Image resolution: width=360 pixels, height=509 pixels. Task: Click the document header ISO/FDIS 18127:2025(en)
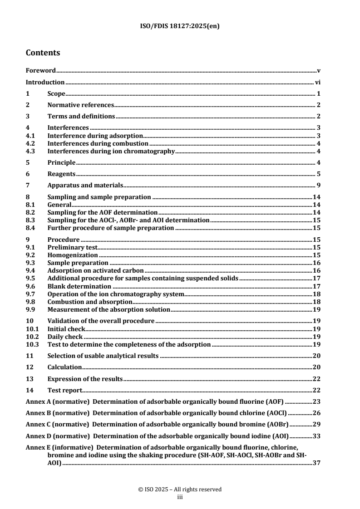180,26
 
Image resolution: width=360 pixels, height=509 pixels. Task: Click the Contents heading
43,53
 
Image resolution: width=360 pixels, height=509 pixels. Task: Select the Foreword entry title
40,71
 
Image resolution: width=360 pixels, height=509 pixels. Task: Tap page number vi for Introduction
318,83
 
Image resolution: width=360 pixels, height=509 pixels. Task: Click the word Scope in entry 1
57,94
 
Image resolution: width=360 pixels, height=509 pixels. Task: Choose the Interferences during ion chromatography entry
111,151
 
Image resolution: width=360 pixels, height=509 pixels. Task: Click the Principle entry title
61,162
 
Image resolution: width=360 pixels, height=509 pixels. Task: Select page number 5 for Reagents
319,174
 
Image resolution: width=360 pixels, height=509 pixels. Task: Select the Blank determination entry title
79,286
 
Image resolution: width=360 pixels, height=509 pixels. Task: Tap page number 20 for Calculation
317,367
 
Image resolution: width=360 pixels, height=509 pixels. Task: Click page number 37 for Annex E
317,465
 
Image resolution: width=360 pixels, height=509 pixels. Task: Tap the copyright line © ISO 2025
180,489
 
